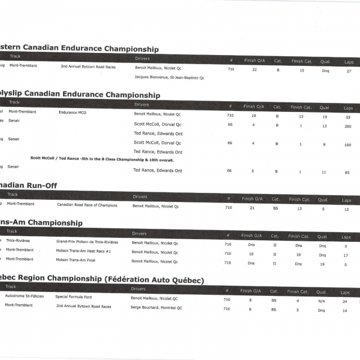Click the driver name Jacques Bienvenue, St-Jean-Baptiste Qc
pos(169,78)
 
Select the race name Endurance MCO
pos(73,112)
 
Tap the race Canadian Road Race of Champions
pos(87,205)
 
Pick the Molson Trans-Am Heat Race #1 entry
pos(83,251)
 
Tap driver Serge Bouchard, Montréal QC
pos(156,308)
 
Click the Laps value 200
pos(348,127)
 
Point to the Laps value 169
pos(347,145)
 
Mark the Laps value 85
pos(348,172)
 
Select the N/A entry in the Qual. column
pos(321,300)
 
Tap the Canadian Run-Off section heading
pos(28,186)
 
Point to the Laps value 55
pos(348,117)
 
